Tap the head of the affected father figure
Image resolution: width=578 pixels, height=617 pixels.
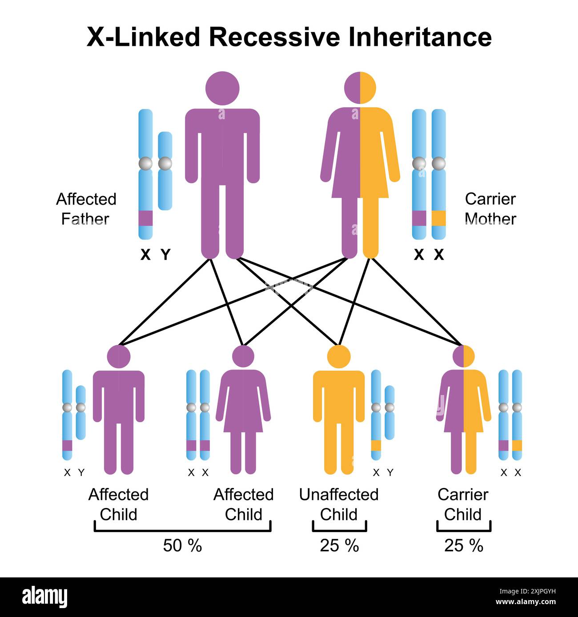coord(222,88)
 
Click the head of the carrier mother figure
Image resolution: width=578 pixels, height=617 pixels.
coord(360,88)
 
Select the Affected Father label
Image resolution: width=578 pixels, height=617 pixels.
coord(86,209)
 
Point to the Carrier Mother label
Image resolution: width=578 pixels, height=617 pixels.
coord(490,209)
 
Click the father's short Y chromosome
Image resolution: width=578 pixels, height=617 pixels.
coord(165,171)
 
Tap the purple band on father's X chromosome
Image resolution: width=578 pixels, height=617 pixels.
coord(145,218)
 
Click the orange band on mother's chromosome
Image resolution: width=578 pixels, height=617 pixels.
coord(438,218)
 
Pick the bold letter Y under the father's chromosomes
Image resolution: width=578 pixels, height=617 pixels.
coord(165,255)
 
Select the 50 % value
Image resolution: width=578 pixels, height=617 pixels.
coord(182,545)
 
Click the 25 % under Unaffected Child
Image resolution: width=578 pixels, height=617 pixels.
coord(339,545)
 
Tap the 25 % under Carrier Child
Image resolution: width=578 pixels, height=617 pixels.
coord(463,545)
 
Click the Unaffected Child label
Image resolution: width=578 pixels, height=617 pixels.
coord(339,504)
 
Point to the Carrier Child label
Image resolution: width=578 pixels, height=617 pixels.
coord(463,504)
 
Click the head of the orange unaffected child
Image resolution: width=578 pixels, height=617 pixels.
coord(339,356)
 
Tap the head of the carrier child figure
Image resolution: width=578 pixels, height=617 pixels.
coord(463,356)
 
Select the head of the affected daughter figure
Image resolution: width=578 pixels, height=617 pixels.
coord(243,356)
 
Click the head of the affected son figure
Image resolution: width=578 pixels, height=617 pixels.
coord(119,356)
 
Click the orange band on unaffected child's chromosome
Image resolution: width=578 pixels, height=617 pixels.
coord(376,445)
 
